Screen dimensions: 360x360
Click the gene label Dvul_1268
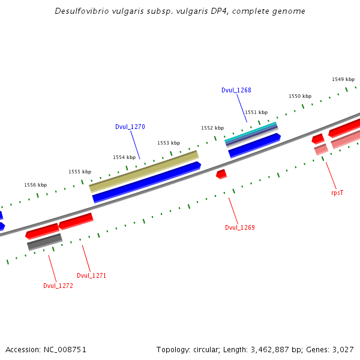[x=236, y=90]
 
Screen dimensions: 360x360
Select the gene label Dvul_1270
[x=130, y=127]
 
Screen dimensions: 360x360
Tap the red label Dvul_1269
[x=239, y=227]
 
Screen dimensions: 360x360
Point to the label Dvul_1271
[x=91, y=275]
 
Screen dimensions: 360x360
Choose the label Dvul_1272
[x=58, y=286]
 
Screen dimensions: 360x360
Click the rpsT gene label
[x=337, y=193]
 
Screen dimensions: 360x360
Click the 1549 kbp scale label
[x=343, y=79]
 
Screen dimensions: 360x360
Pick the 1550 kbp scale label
[x=300, y=96]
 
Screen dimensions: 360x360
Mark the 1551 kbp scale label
[x=256, y=112]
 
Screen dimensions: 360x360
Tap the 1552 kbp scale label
[x=212, y=128]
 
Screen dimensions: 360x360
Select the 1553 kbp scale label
[x=169, y=143]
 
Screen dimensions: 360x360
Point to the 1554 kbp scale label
[x=124, y=157]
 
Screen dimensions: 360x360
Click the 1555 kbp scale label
[x=80, y=172]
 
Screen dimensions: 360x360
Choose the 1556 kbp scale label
[x=35, y=185]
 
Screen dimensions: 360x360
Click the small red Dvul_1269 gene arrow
[x=221, y=174]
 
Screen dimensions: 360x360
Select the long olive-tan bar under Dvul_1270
[x=144, y=172]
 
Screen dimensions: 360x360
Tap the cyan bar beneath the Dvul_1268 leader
[x=251, y=133]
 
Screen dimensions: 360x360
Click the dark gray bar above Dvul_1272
[x=44, y=242]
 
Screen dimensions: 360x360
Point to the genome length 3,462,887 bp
[x=275, y=349]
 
